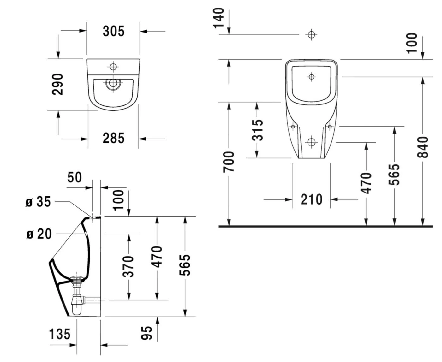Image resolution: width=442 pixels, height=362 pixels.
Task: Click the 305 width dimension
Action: (113, 31)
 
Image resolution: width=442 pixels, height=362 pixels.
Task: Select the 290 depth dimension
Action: (58, 84)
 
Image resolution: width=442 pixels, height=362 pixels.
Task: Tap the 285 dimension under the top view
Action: (113, 138)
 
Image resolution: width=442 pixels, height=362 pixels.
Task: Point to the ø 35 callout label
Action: (38, 202)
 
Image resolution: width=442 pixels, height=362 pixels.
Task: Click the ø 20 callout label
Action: (39, 234)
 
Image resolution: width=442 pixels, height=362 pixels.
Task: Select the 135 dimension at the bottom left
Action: (60, 334)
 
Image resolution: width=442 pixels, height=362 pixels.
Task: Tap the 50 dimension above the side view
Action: (75, 177)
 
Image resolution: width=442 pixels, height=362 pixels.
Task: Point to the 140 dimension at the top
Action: (219, 18)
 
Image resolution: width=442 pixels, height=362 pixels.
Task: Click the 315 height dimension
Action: (257, 130)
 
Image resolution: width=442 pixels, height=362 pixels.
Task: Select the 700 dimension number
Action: (229, 162)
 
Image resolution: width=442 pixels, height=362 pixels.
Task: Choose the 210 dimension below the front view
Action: (311, 199)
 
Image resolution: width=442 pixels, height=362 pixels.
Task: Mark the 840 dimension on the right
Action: (423, 147)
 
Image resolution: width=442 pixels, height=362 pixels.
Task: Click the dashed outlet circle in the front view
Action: (311, 142)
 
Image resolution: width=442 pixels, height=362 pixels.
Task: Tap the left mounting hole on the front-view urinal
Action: (293, 127)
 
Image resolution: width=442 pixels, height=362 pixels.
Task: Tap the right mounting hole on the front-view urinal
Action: (330, 127)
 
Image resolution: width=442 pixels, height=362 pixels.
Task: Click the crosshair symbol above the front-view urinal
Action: (311, 35)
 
